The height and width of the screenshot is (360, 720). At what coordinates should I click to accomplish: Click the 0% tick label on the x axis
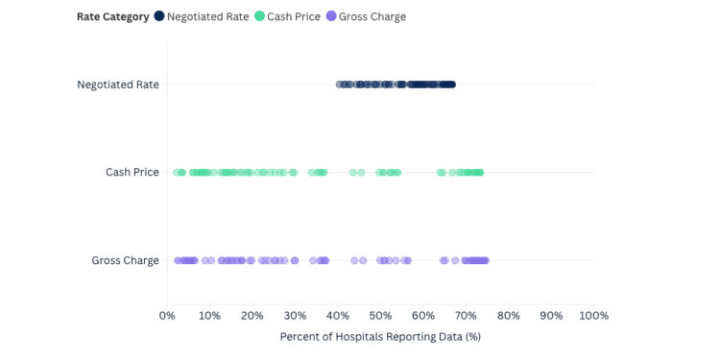(166, 316)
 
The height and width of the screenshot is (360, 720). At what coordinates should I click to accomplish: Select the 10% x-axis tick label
(208, 316)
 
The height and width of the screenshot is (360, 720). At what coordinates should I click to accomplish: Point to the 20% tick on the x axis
(252, 316)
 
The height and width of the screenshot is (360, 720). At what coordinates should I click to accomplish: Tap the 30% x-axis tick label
(295, 316)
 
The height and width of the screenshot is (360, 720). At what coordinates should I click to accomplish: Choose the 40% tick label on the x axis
(337, 316)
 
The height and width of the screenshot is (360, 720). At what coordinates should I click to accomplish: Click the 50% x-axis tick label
(380, 316)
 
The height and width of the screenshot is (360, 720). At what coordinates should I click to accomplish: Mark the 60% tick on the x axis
(422, 316)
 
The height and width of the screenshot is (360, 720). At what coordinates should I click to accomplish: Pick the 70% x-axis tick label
(466, 316)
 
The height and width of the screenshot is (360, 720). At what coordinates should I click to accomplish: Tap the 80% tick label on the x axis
(508, 316)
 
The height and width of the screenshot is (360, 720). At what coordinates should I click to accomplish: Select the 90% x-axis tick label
(551, 316)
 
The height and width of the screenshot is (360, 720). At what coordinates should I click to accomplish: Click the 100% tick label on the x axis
(593, 316)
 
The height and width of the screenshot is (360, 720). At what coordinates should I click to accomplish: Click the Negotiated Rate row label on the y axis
(118, 84)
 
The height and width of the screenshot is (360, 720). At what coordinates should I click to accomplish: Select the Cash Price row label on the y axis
(132, 173)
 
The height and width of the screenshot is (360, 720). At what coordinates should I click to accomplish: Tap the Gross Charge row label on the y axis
(126, 260)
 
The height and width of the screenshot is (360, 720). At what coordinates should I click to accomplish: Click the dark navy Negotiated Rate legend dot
(159, 16)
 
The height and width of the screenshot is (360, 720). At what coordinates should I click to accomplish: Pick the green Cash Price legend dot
(259, 16)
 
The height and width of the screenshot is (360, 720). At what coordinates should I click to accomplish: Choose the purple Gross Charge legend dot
(332, 16)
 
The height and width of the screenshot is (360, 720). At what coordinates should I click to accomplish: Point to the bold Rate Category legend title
(113, 16)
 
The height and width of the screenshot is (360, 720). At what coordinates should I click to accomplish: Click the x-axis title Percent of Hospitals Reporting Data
(379, 337)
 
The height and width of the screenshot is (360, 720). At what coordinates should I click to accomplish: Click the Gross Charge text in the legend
(373, 16)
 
